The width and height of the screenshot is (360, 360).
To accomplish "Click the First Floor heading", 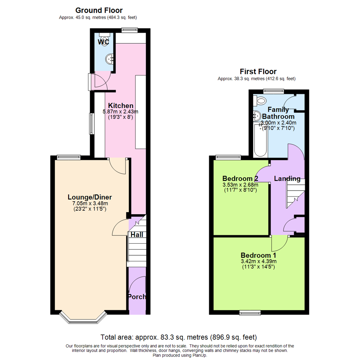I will click(258, 71).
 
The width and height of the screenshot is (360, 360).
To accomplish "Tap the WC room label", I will click(103, 42).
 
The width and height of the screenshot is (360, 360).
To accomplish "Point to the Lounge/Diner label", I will click(90, 197).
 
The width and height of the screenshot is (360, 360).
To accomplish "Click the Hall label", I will click(137, 235).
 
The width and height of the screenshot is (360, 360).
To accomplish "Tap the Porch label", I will click(137, 297).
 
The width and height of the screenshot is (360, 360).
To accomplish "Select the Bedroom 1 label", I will click(259, 255).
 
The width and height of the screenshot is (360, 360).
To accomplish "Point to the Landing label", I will click(287, 179).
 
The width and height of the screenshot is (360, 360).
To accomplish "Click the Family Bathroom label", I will click(278, 113).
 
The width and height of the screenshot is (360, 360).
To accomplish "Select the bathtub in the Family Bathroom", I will click(260, 140).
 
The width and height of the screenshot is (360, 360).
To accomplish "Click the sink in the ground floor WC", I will click(110, 60).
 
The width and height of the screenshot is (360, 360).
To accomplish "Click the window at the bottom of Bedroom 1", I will click(250, 312).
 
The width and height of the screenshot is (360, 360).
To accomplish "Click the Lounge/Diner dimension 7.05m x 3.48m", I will click(90, 203).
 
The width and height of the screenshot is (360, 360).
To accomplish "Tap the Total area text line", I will click(179, 337).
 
